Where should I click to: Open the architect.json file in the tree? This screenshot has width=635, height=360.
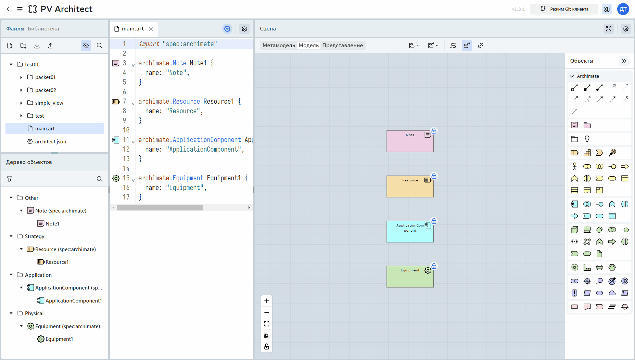(51, 141)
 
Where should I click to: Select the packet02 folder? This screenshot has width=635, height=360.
(46, 90)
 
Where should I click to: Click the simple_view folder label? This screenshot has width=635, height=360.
(49, 103)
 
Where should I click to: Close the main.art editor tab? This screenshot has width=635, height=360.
(151, 29)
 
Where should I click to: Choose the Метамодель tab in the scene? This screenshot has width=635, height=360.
(279, 46)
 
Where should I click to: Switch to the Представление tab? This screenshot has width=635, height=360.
(342, 46)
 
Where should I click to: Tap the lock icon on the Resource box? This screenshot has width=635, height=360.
(434, 176)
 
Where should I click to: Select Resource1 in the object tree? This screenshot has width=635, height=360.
(57, 262)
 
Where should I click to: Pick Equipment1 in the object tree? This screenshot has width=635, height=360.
(59, 339)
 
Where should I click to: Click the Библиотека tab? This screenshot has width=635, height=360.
(43, 29)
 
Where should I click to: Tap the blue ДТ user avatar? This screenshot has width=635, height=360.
(623, 9)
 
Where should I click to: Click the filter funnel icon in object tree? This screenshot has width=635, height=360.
(10, 179)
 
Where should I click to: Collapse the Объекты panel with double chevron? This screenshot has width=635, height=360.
(624, 61)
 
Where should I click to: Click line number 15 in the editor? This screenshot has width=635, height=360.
(126, 178)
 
